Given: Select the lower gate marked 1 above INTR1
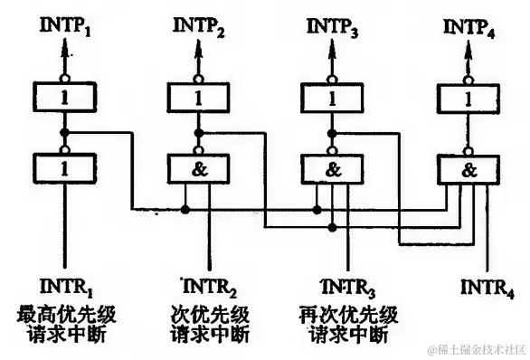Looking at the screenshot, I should pyautogui.click(x=62, y=167).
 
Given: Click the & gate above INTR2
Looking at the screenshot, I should pyautogui.click(x=198, y=167).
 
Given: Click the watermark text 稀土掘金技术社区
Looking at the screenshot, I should pyautogui.click(x=478, y=347).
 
